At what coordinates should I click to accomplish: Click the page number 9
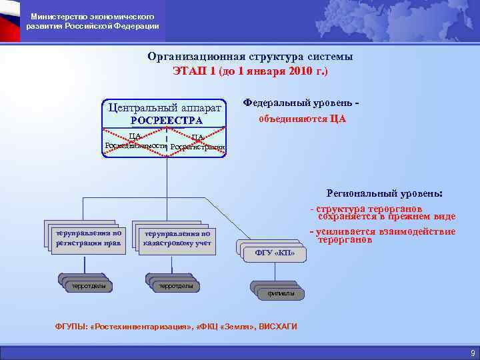click(472, 353)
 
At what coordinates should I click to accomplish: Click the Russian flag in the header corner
click(9, 21)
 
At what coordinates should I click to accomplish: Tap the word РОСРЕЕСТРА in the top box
click(167, 120)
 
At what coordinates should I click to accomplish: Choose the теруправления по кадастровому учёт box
click(177, 239)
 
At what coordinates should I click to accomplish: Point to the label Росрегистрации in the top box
click(198, 147)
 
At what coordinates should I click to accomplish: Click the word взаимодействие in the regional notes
click(415, 231)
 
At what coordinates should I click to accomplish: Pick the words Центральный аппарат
click(167, 106)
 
